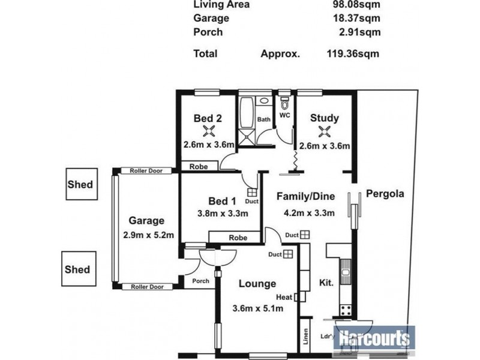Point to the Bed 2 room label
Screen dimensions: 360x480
click(x=208, y=118)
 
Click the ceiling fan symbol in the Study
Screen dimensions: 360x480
click(x=325, y=131)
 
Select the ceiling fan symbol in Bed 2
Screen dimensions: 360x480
click(x=208, y=132)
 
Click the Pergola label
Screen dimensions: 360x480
click(x=385, y=194)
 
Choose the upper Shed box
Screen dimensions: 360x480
click(x=80, y=185)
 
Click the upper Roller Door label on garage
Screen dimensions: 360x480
click(x=146, y=170)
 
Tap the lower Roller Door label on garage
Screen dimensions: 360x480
click(x=146, y=287)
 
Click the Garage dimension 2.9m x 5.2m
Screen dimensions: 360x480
click(x=148, y=235)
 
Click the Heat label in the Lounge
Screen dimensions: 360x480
click(x=284, y=297)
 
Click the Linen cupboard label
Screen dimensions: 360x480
click(x=306, y=336)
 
